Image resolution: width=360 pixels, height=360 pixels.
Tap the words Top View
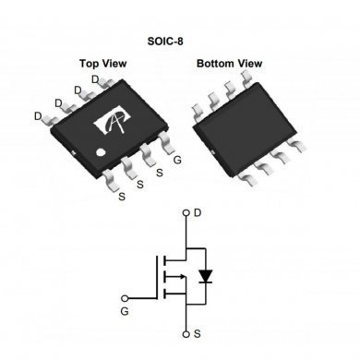coord(102,64)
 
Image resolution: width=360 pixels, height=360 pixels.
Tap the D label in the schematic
coord(198,213)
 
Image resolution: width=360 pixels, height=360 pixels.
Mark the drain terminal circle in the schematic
coord(186,213)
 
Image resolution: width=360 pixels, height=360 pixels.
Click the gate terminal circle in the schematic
coord(127,298)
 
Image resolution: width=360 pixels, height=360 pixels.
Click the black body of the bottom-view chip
coord(244,124)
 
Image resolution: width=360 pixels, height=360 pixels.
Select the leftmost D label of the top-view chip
coord(37,116)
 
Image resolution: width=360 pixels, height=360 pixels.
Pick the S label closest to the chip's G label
coord(158,172)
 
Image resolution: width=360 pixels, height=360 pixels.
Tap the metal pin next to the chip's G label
coord(167,142)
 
